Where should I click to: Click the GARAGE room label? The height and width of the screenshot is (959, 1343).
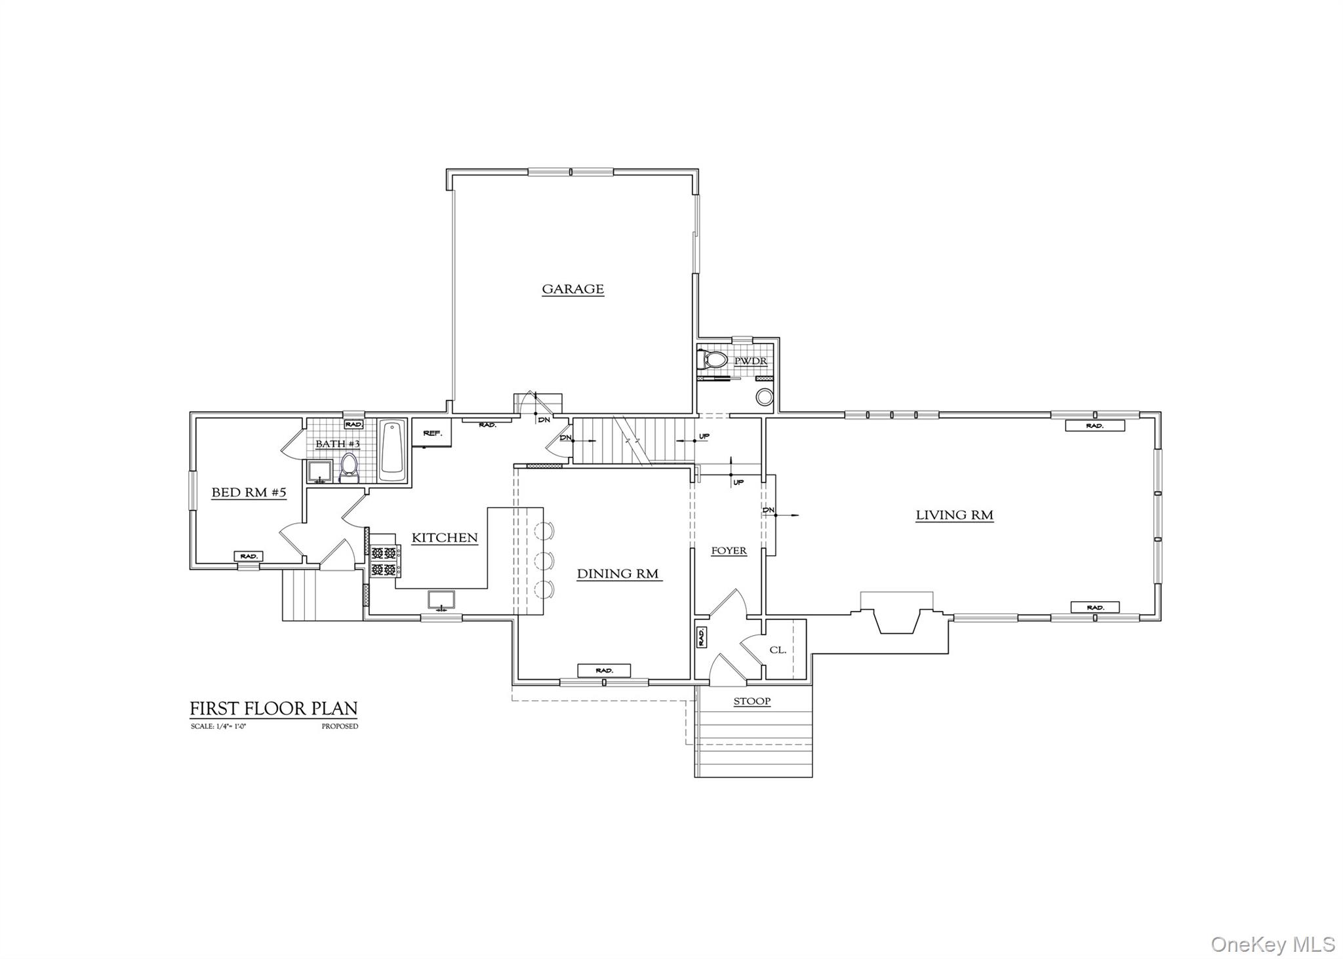572,289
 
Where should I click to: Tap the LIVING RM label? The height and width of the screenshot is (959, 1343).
954,515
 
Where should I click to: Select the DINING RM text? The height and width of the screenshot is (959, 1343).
618,574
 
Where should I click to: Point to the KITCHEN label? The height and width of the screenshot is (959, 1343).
445,538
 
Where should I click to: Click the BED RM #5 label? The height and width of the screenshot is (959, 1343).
249,493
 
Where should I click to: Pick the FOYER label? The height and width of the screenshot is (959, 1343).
729,551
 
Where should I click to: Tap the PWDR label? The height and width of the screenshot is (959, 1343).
750,361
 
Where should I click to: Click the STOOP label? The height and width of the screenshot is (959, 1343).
752,701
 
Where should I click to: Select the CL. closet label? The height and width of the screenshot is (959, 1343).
778,650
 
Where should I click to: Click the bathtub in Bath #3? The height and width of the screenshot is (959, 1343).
393,450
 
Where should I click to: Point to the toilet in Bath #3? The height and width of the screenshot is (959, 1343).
348,467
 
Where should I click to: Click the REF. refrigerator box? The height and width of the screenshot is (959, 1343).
431,433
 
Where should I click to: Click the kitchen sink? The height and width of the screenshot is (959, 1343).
441,600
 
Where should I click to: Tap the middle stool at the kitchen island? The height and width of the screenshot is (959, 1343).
544,560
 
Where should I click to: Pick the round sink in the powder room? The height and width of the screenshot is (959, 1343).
764,397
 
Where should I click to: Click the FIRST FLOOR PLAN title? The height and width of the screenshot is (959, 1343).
273,709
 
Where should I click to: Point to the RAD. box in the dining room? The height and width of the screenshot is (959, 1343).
604,671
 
